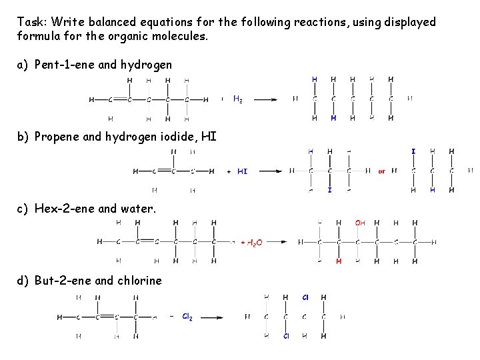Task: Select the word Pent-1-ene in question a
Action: (64, 65)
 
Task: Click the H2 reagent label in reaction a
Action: (237, 99)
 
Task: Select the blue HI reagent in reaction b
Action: (243, 171)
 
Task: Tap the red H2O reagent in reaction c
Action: (253, 243)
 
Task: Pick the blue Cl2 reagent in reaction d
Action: (187, 317)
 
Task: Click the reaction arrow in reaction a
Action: (265, 100)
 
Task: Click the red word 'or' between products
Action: (382, 171)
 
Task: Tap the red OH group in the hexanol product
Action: (360, 223)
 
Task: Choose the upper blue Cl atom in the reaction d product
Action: (305, 297)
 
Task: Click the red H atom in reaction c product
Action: (339, 261)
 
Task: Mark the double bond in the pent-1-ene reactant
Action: (120, 100)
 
